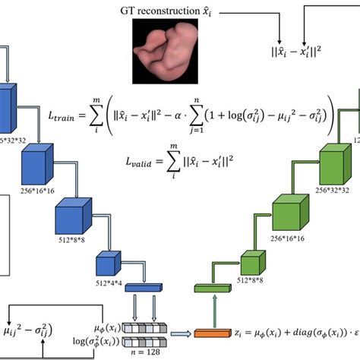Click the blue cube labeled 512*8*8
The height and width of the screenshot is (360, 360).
coord(73,220)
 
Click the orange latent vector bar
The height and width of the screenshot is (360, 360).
coord(213,333)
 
